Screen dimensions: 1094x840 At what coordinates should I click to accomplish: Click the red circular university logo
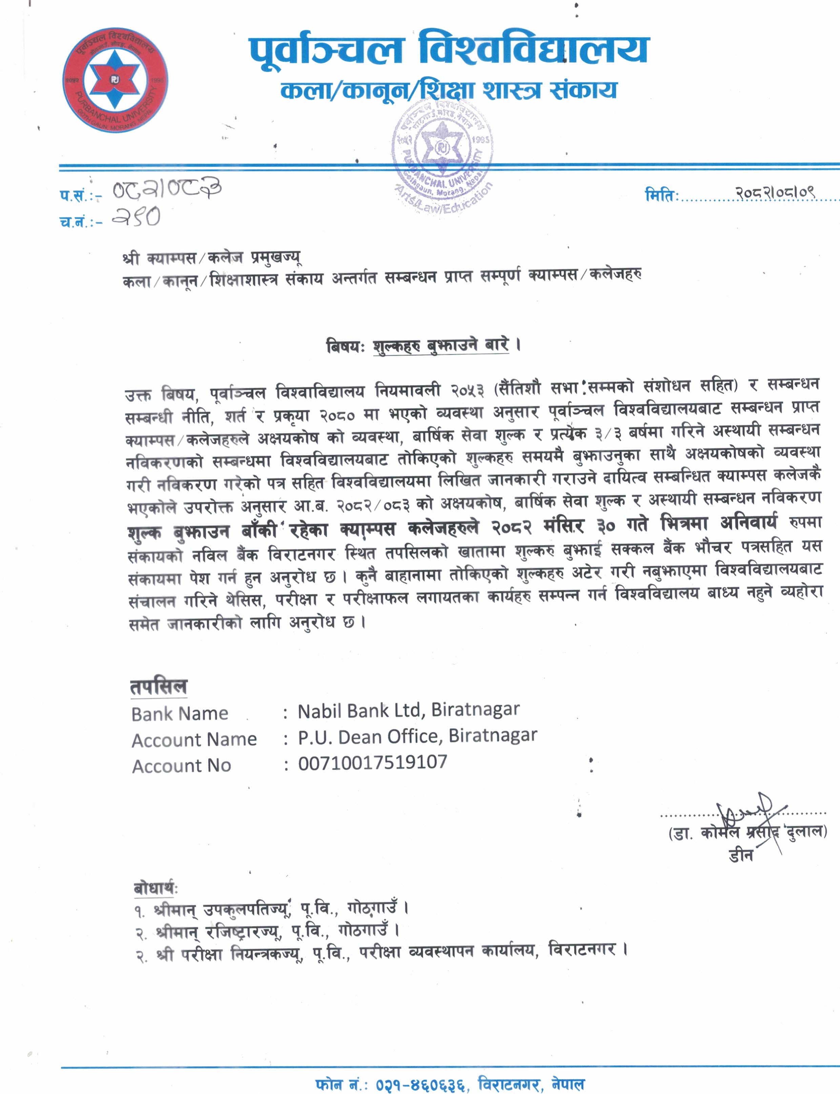point(115,80)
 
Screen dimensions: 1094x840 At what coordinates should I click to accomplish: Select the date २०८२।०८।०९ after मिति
point(775,192)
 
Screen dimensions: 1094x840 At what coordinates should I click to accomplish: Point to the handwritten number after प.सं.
point(166,189)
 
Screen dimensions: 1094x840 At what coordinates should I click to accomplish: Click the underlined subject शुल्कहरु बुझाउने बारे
point(441,346)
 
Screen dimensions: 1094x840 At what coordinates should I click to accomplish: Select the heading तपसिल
point(159,686)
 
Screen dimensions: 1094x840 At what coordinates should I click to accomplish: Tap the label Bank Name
point(180,714)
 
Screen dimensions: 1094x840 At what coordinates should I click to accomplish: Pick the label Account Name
point(194,740)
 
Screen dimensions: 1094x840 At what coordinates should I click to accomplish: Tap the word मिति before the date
point(661,194)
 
